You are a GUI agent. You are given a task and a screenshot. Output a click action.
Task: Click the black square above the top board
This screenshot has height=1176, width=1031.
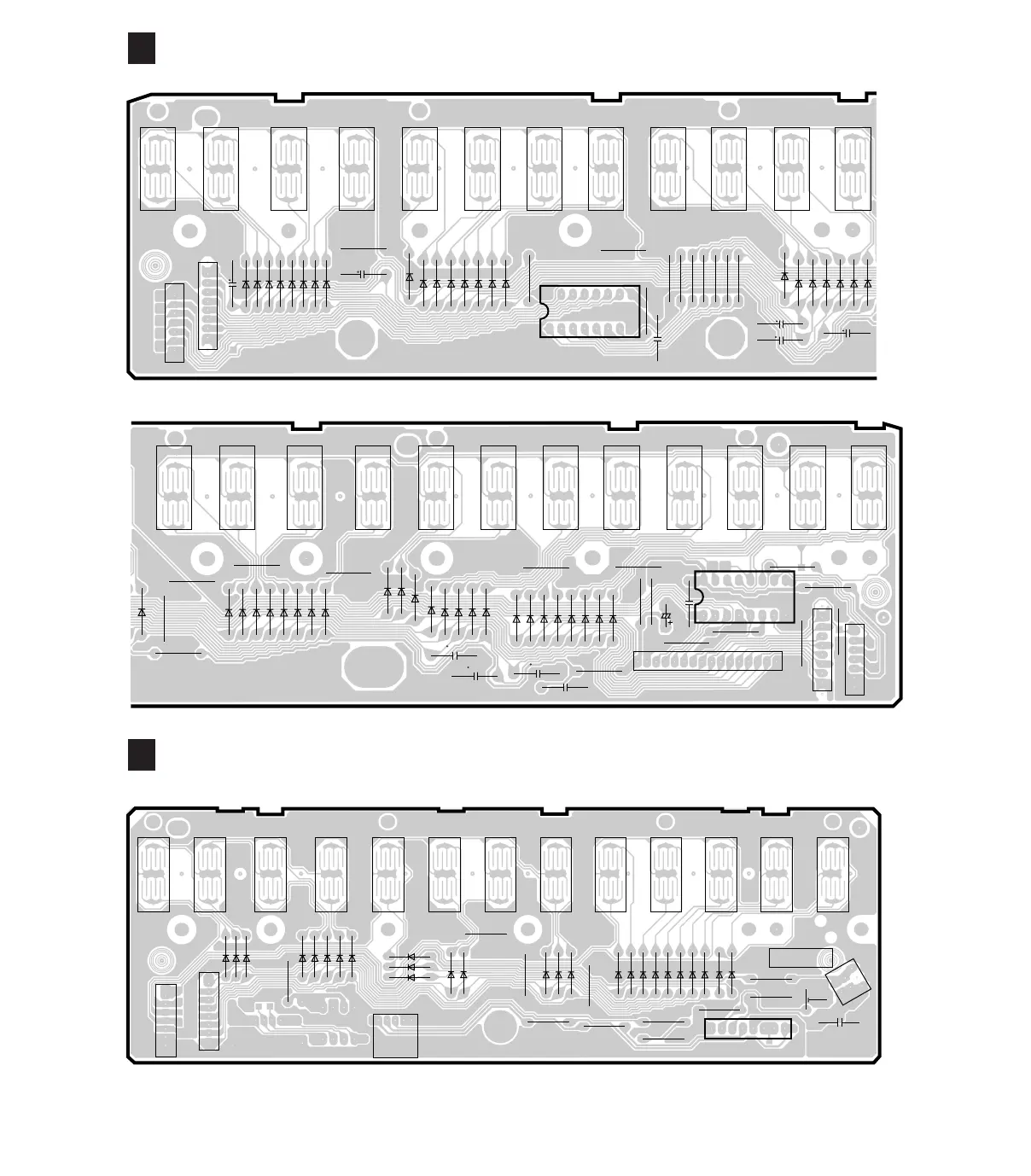tap(142, 48)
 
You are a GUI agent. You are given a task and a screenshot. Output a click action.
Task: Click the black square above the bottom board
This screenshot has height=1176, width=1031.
tap(142, 755)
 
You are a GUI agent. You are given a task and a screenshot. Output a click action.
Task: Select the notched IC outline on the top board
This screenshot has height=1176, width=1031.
tap(589, 311)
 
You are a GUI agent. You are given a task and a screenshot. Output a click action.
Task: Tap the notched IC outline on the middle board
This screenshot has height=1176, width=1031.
tap(745, 596)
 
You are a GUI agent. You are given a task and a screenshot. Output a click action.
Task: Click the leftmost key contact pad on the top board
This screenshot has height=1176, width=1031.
tap(158, 169)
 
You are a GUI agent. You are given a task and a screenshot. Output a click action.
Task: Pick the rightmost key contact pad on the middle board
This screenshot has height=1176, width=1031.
tap(869, 487)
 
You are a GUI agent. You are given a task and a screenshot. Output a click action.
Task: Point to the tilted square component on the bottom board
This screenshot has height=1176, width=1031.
tap(848, 981)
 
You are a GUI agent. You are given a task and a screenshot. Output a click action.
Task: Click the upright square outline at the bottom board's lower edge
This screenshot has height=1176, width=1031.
tap(396, 1035)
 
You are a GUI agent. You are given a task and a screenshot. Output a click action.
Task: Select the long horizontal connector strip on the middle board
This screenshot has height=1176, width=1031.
tap(708, 661)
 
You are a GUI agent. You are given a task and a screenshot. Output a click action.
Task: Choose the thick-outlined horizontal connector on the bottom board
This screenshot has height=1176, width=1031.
tap(748, 1028)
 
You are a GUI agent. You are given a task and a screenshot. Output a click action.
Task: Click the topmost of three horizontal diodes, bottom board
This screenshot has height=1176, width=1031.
tap(411, 957)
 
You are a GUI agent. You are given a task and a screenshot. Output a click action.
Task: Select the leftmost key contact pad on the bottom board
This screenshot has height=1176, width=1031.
tap(154, 875)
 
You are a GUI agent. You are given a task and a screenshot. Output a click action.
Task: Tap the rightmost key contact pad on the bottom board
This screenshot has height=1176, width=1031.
tap(832, 875)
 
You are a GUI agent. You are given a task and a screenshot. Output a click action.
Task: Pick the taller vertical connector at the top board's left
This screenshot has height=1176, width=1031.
tap(207, 306)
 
